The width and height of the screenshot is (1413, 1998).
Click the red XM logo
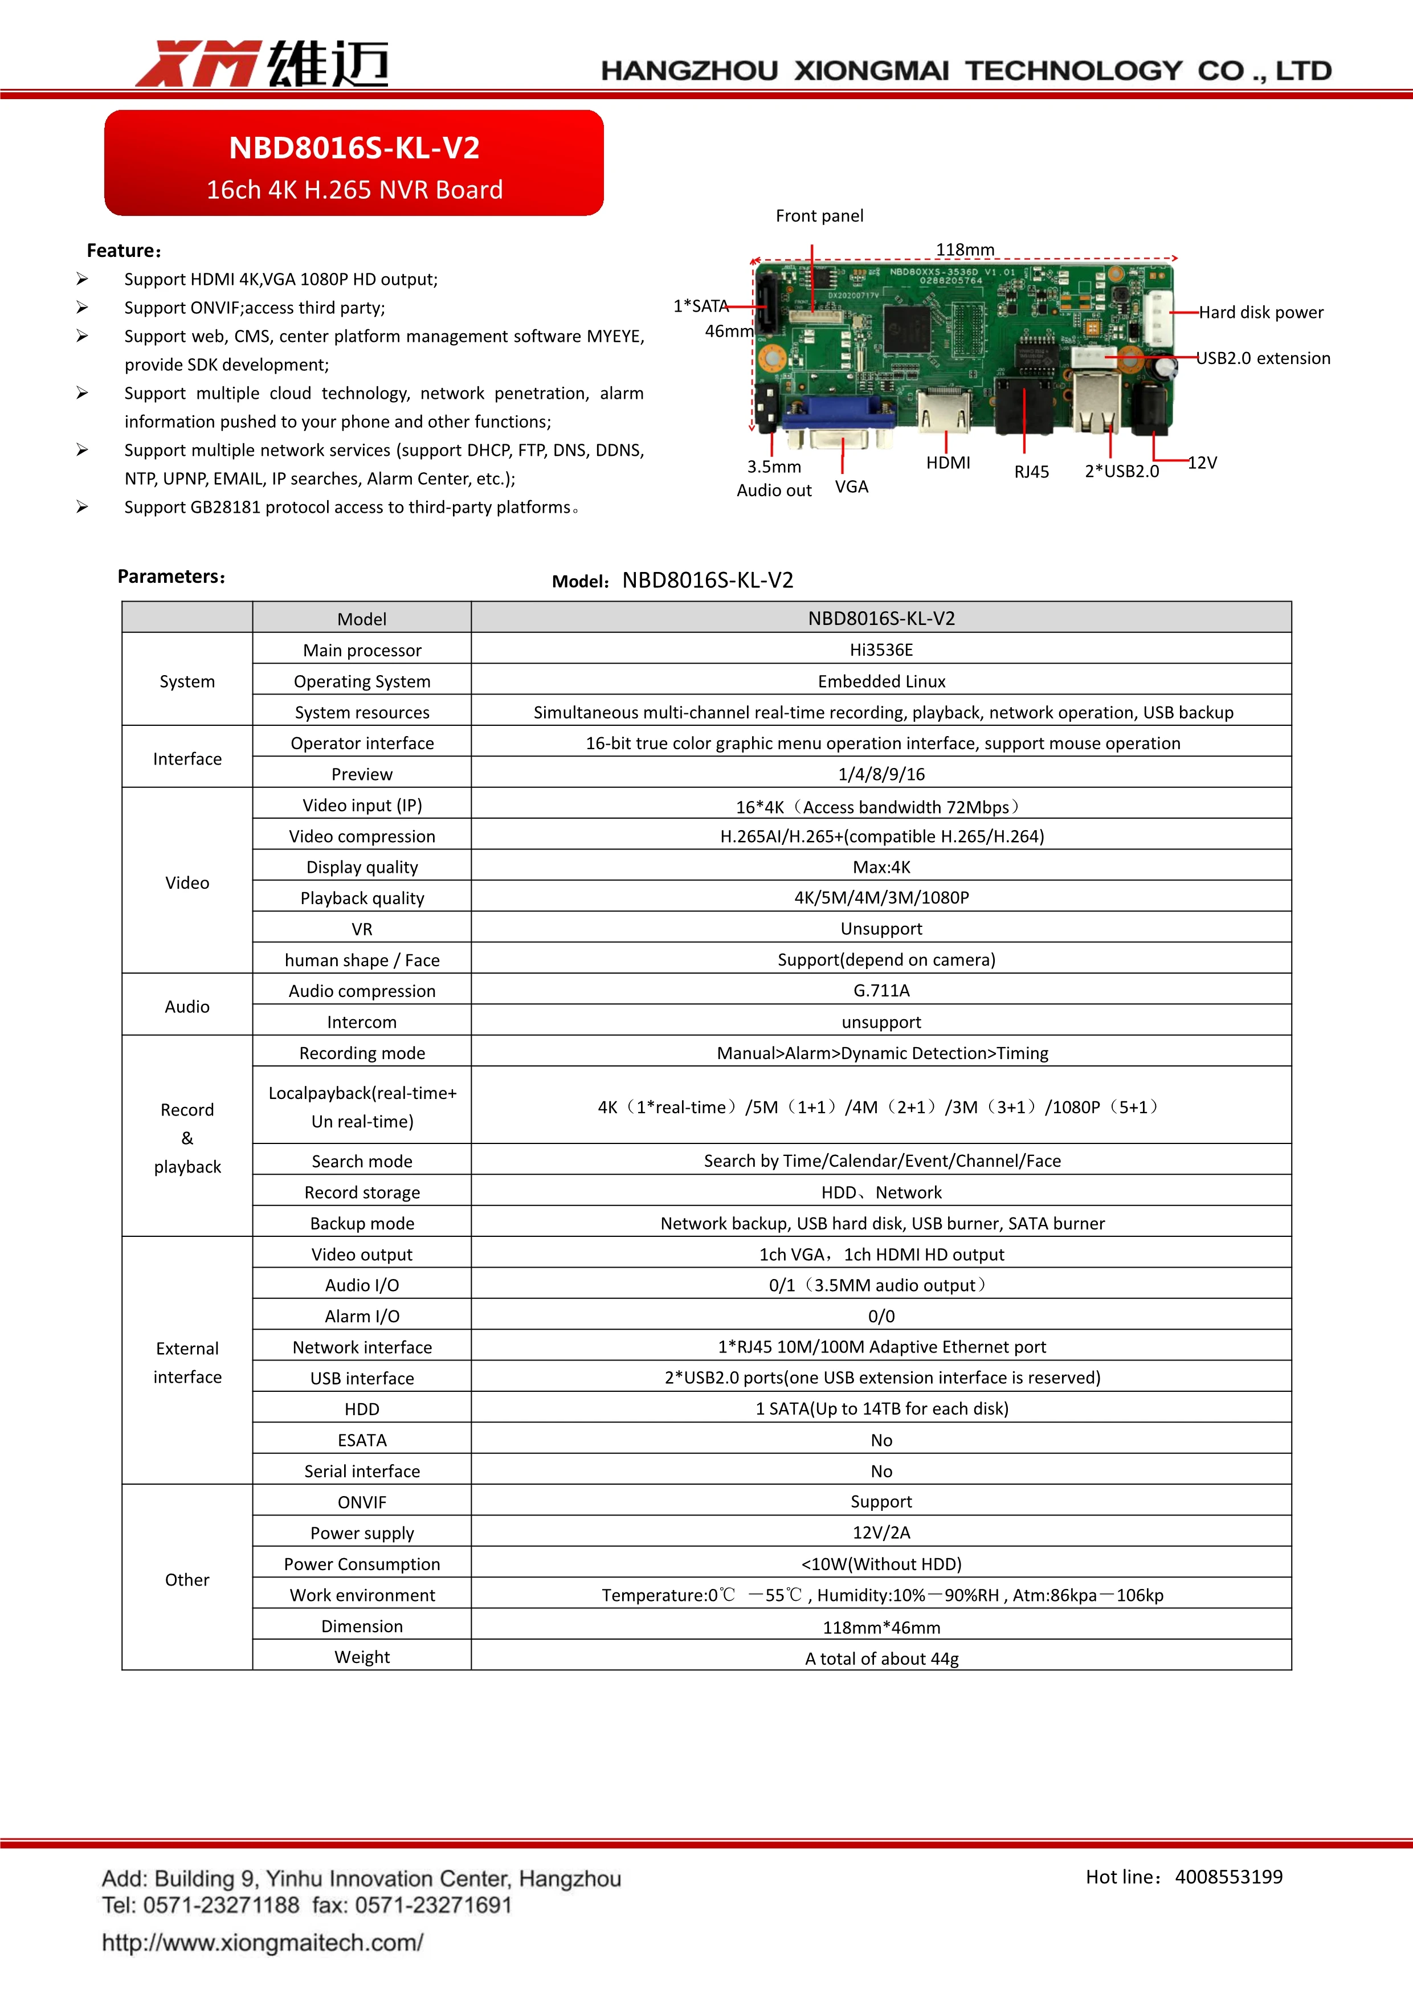(x=198, y=64)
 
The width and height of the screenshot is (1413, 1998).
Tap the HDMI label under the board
(x=948, y=463)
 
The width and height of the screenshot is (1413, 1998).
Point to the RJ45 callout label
(x=1031, y=472)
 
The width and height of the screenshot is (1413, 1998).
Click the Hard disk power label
(x=1261, y=312)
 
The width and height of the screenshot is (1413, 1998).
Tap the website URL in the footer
(x=262, y=1942)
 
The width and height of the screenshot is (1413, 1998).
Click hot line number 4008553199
(x=1228, y=1877)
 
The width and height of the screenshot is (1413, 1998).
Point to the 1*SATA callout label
(x=700, y=307)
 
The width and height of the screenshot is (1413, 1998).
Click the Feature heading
(x=124, y=251)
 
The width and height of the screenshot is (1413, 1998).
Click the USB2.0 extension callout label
(x=1263, y=358)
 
